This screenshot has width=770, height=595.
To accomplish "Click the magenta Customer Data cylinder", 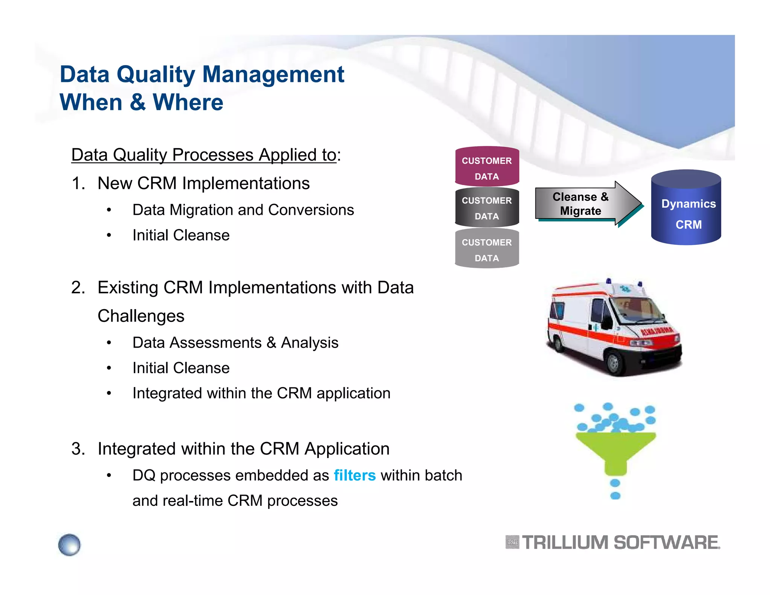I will click(x=487, y=167).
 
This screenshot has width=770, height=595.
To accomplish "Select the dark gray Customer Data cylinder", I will click(x=487, y=208).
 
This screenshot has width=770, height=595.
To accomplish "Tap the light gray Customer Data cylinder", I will click(x=487, y=249).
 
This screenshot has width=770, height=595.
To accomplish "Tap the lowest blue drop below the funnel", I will click(x=615, y=496).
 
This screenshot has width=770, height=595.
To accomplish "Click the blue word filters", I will click(x=355, y=475).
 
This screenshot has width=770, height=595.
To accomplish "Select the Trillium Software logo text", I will click(x=620, y=543).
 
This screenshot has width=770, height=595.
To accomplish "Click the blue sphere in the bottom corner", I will click(x=70, y=545).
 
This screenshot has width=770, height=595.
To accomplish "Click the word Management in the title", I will click(x=273, y=74).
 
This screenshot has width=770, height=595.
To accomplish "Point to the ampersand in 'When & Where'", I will click(x=138, y=102).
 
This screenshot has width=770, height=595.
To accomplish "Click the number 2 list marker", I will click(x=78, y=288).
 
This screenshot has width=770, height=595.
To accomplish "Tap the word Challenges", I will click(x=141, y=316).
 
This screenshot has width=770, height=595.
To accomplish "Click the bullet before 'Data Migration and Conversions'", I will click(x=109, y=210).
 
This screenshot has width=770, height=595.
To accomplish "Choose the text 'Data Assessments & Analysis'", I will click(x=235, y=343).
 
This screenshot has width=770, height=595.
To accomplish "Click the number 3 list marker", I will click(x=78, y=449).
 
